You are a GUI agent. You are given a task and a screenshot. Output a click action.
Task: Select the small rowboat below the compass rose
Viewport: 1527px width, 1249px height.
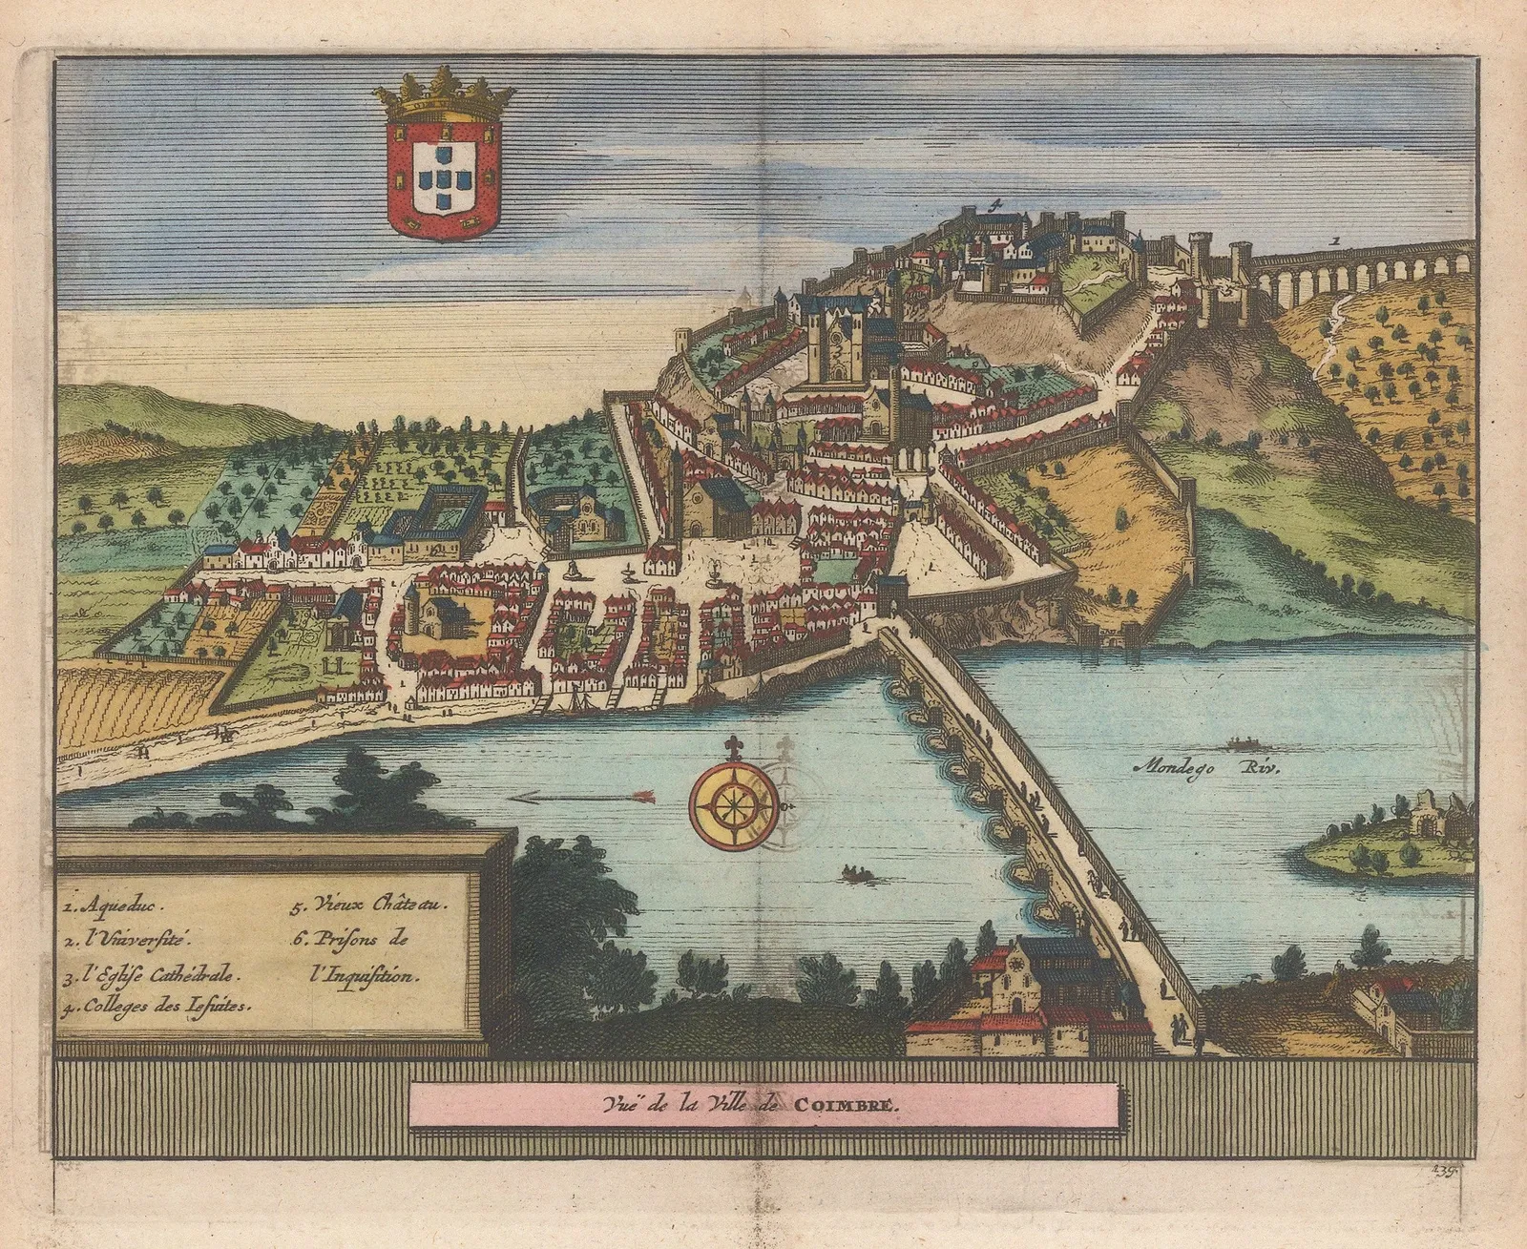853,871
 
